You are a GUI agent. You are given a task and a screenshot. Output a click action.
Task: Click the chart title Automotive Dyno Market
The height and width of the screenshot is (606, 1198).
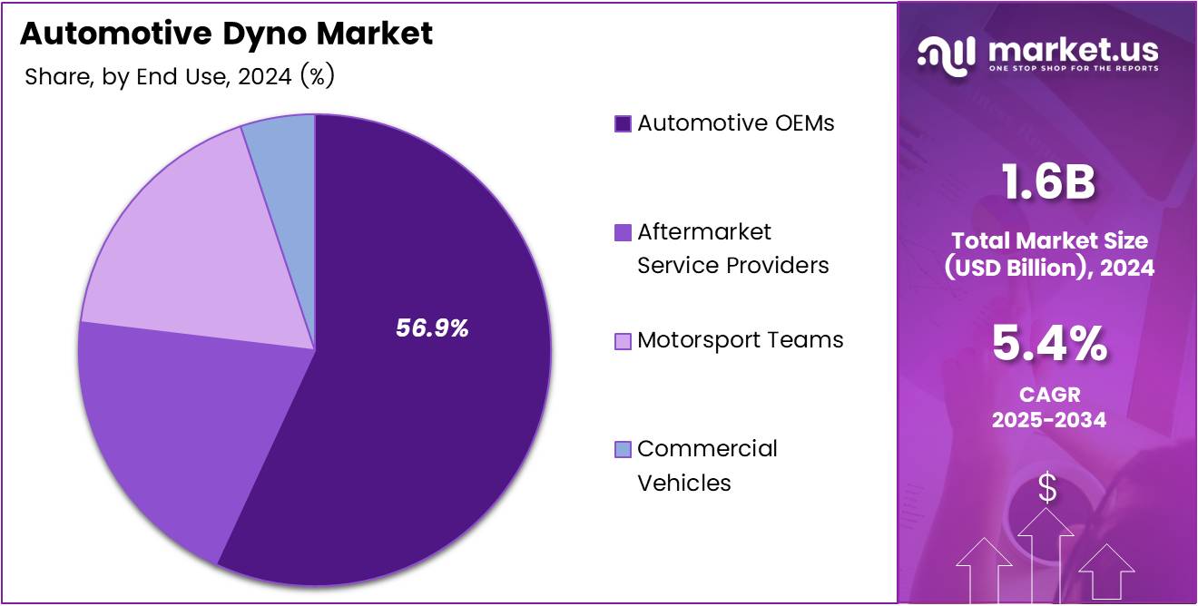[226, 34]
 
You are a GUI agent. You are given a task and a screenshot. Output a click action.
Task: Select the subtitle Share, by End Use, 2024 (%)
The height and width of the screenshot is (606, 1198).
[180, 77]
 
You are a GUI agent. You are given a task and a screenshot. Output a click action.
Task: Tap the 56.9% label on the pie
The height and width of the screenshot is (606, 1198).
[432, 329]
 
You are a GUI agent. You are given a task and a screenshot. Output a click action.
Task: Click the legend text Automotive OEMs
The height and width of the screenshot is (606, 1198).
[735, 123]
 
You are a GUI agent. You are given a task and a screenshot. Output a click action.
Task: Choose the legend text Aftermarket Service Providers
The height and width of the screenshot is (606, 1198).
[732, 249]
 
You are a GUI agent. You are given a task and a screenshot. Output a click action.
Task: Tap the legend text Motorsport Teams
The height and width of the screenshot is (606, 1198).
[740, 340]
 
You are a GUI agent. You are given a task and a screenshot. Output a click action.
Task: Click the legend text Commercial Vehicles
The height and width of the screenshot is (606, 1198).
[707, 465]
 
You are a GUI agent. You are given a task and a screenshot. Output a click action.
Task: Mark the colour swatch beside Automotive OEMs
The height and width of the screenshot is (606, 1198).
[623, 124]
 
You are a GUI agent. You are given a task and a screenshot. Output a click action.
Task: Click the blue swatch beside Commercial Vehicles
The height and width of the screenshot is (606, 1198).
[623, 449]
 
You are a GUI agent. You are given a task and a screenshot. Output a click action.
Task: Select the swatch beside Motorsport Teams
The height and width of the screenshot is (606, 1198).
[623, 341]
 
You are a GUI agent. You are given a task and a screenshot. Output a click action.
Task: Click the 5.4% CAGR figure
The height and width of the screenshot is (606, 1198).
[1048, 346]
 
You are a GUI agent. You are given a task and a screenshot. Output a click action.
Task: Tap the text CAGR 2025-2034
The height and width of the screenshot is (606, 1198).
[1048, 408]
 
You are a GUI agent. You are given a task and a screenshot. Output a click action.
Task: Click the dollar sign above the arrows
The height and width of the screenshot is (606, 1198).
[1047, 489]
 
